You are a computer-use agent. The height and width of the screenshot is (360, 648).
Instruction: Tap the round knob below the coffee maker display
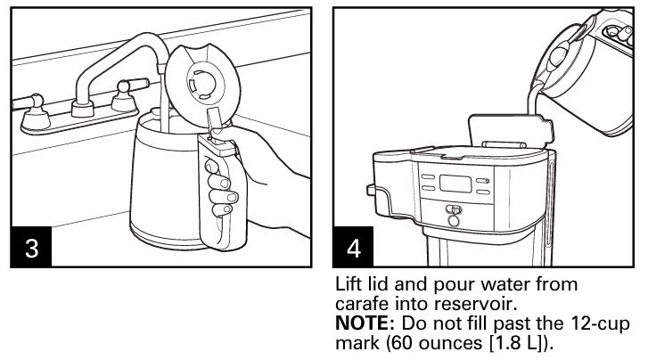(455, 214)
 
